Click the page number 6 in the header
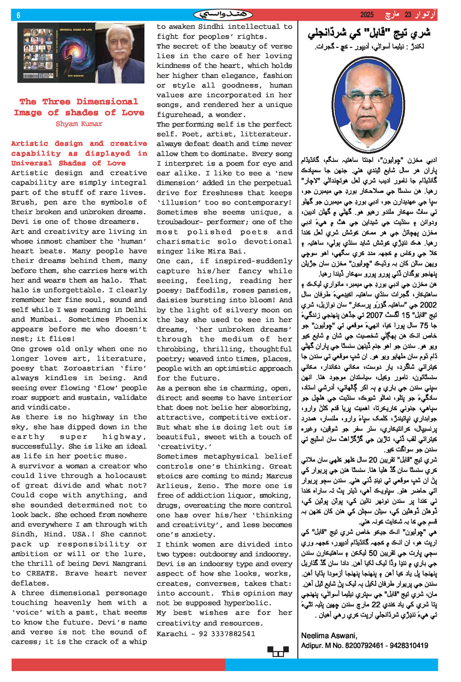point(18,15)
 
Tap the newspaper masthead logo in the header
point(223,15)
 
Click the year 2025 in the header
point(367,15)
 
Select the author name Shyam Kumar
point(79,124)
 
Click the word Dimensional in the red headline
point(107,102)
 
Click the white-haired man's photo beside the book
point(120,53)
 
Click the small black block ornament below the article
point(278,651)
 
